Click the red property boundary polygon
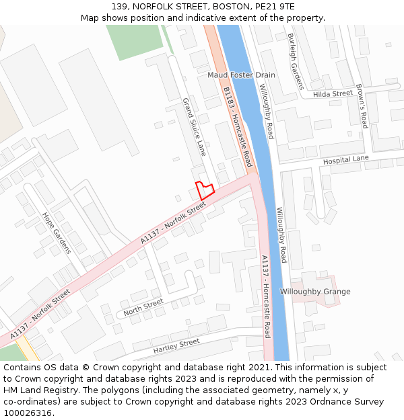pyautogui.click(x=205, y=189)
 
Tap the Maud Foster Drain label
pyautogui.click(x=241, y=75)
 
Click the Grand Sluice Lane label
pyautogui.click(x=195, y=126)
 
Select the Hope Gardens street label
pyautogui.click(x=57, y=233)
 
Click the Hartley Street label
pyautogui.click(x=176, y=345)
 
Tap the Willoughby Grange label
pyautogui.click(x=315, y=292)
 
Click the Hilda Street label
pyautogui.click(x=333, y=93)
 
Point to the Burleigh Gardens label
pyautogui.click(x=296, y=61)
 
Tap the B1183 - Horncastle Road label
pyautogui.click(x=237, y=127)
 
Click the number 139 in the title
pyautogui.click(x=121, y=6)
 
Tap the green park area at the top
pyautogui.click(x=135, y=40)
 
